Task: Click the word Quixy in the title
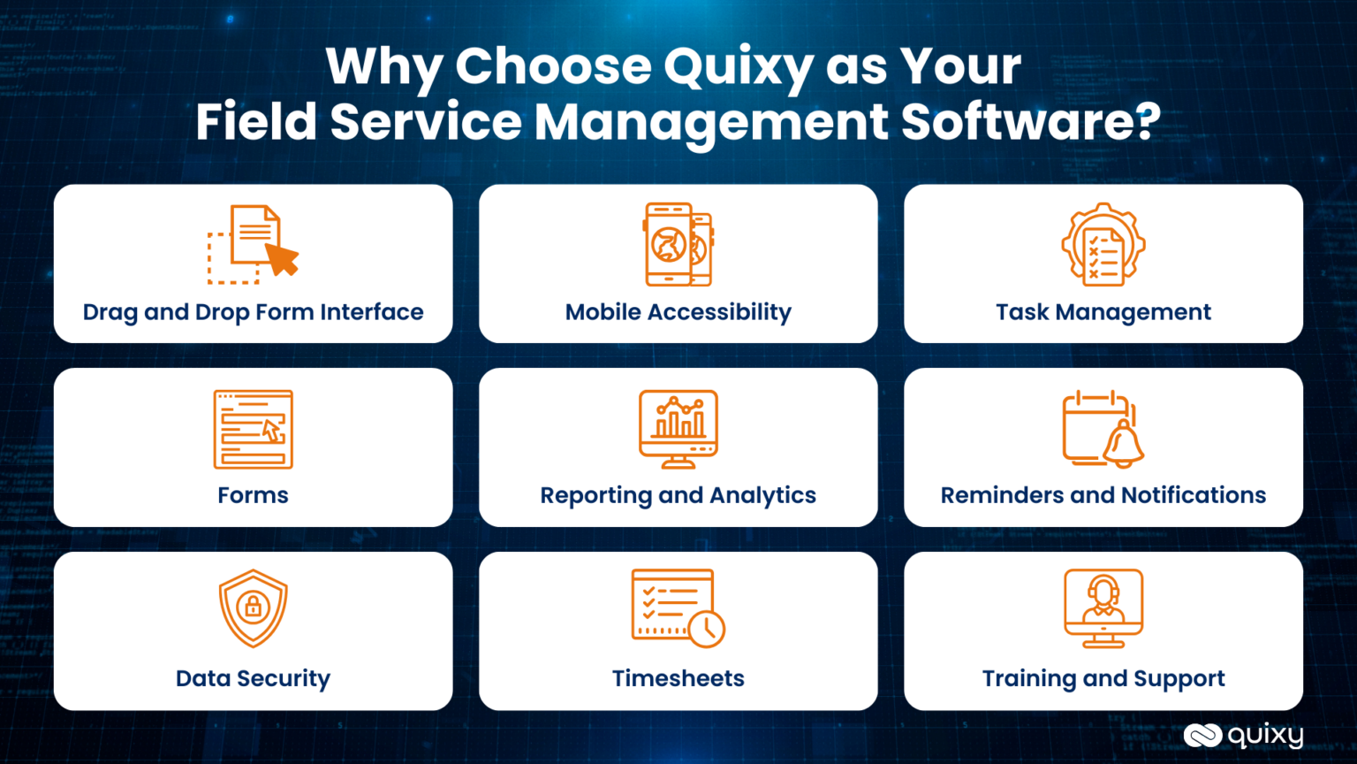pos(739,67)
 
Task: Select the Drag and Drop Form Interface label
pos(253,312)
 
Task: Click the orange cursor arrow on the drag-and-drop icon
pos(283,260)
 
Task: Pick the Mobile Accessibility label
pos(678,312)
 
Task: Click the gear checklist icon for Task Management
pos(1103,245)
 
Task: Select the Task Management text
pos(1103,312)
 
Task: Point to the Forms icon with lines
pos(253,429)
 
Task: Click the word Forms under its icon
pos(253,495)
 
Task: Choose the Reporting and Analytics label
pos(678,495)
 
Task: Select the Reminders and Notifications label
pos(1103,495)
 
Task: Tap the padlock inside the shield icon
pos(254,607)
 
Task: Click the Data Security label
pos(253,678)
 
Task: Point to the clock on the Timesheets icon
pos(707,629)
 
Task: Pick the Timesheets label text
pos(678,678)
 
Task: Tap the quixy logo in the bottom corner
pos(1243,735)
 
